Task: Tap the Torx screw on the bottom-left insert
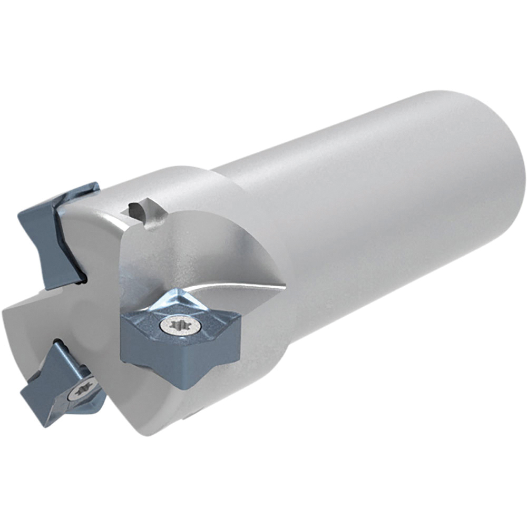click(x=83, y=389)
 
